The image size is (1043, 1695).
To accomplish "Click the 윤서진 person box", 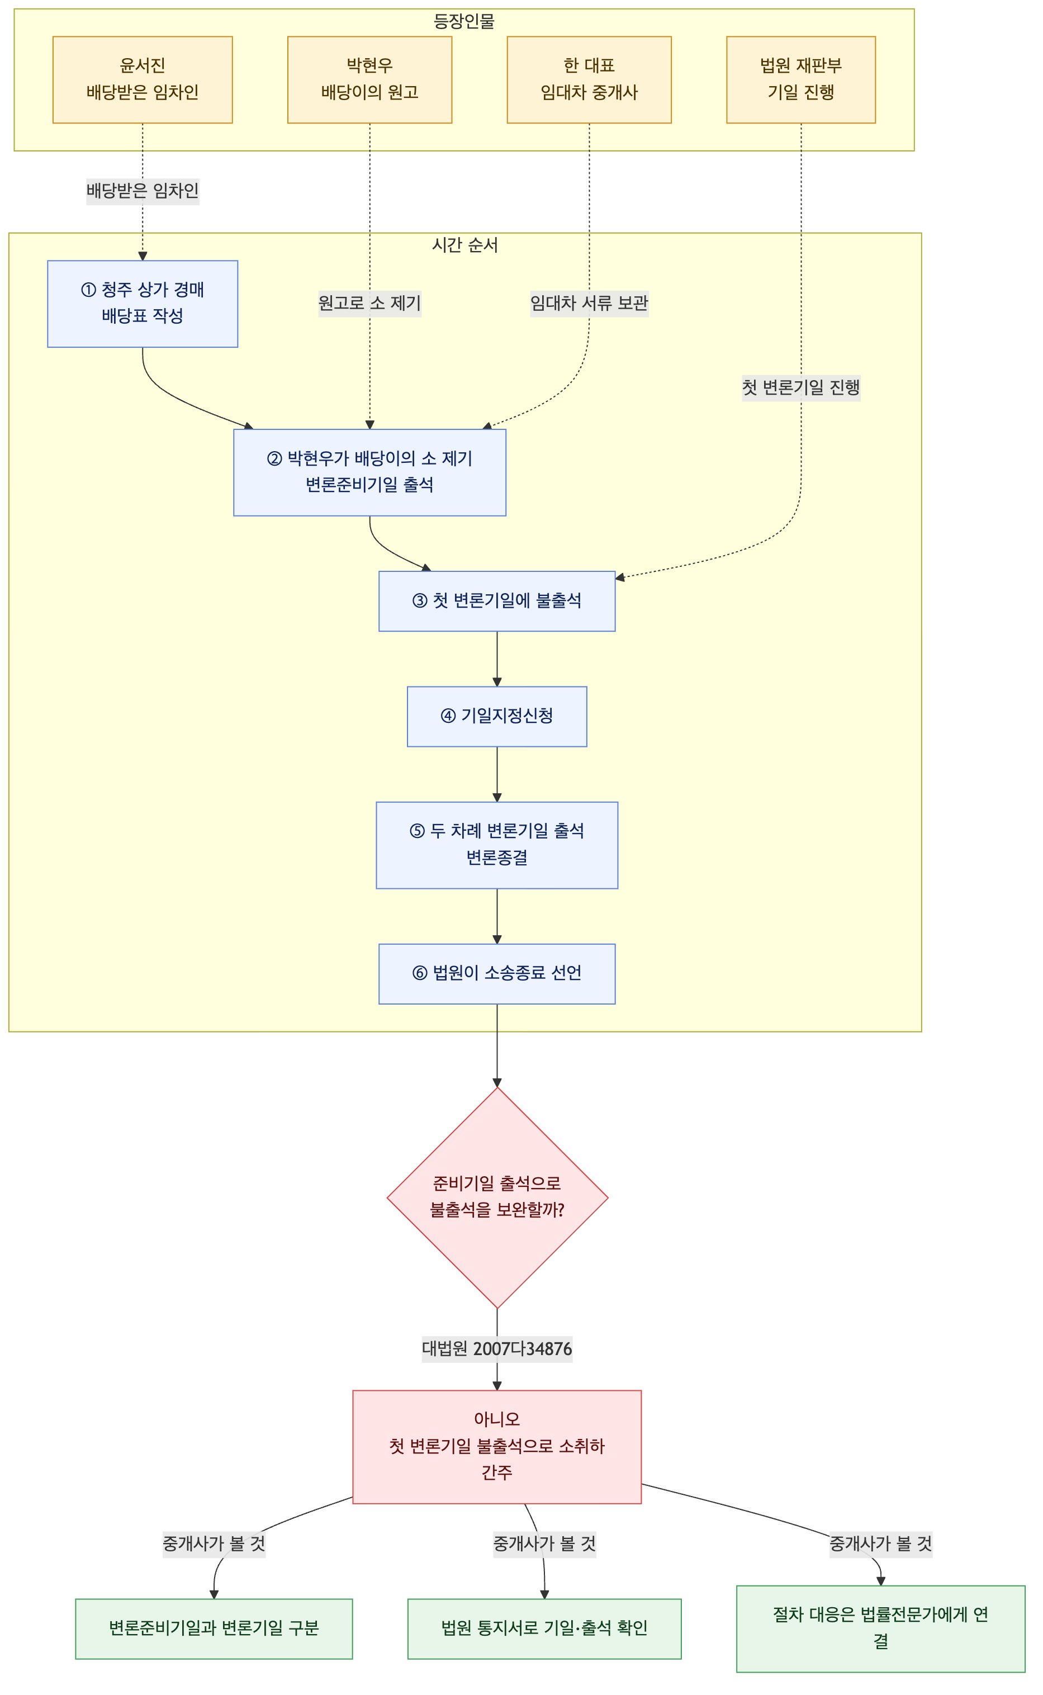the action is [x=143, y=80].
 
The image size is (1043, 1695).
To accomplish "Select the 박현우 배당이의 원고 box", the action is [x=369, y=80].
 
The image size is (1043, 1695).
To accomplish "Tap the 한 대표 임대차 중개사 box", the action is [x=589, y=80].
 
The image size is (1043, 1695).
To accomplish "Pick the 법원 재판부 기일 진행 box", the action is [x=801, y=80].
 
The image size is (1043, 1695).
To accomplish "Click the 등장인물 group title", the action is [x=464, y=21].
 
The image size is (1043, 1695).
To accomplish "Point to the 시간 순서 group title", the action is [x=464, y=245].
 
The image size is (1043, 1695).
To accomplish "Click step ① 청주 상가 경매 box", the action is [x=143, y=304].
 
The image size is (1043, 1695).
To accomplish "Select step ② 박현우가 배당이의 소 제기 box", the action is [x=369, y=472].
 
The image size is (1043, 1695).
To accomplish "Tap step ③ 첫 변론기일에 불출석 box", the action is [x=497, y=601].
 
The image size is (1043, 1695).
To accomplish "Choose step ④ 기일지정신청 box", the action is [x=497, y=716].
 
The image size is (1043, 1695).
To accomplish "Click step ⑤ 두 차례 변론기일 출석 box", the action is [x=497, y=845].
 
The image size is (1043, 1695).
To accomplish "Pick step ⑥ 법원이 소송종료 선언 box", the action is [x=497, y=973].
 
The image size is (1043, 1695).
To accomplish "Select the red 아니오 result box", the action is [x=497, y=1447].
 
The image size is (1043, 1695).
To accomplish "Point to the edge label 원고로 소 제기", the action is [x=369, y=303].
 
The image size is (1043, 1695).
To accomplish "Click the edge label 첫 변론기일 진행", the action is [x=801, y=388].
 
